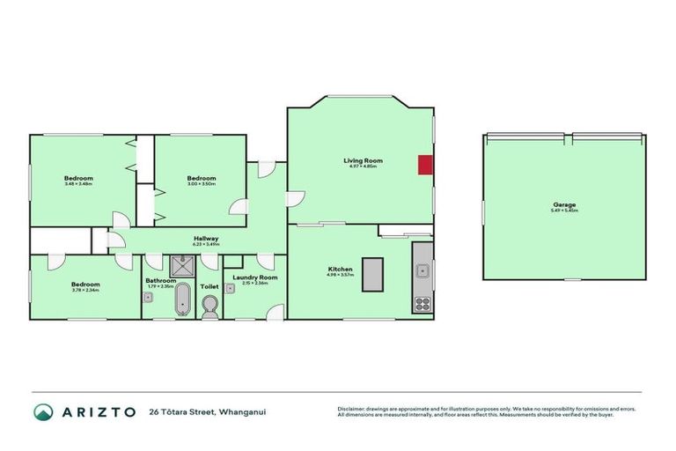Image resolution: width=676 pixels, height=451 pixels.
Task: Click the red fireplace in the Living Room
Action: pyautogui.click(x=424, y=165)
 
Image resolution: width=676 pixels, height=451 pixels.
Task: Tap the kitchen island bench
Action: pyautogui.click(x=373, y=274)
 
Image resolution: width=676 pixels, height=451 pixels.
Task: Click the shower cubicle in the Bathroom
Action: pyautogui.click(x=183, y=263)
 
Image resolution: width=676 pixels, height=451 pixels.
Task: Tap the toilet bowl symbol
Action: pyautogui.click(x=209, y=305)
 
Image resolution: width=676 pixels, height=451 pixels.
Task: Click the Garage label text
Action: pyautogui.click(x=564, y=205)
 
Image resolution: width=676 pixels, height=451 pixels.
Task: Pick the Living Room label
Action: pyautogui.click(x=363, y=160)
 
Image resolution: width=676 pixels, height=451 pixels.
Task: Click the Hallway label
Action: pyautogui.click(x=206, y=239)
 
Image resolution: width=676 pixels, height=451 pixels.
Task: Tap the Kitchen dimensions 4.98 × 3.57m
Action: pyautogui.click(x=341, y=275)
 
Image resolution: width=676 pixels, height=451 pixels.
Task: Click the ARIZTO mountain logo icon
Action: pyautogui.click(x=42, y=412)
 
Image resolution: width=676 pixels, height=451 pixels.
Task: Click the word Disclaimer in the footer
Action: pyautogui.click(x=352, y=409)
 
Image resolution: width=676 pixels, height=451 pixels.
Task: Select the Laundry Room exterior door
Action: pyautogui.click(x=276, y=312)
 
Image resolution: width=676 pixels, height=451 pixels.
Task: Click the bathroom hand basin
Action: pyautogui.click(x=148, y=297)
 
